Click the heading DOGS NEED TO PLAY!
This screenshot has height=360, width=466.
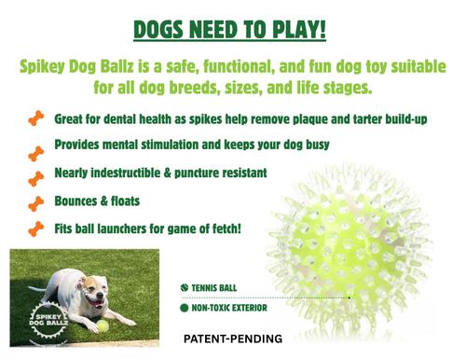point(230,29)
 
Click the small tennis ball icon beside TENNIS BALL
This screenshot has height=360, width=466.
point(185,288)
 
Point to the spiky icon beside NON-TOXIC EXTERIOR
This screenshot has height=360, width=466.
point(185,307)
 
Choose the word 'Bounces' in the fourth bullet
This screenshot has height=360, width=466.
point(80,201)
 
